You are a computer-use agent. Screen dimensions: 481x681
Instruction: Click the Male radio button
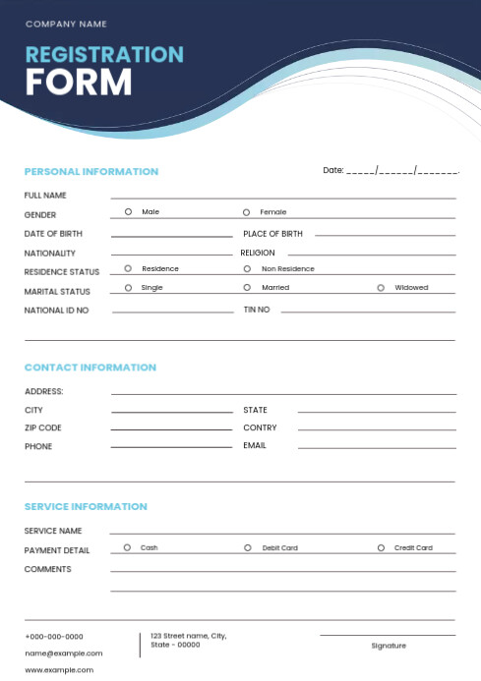pyautogui.click(x=128, y=211)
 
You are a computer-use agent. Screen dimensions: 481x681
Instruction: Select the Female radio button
pyautogui.click(x=246, y=211)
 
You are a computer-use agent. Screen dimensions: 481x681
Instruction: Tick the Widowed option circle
pyautogui.click(x=381, y=288)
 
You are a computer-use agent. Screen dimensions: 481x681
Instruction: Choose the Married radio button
pyautogui.click(x=247, y=288)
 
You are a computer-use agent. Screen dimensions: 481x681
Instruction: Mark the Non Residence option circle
pyautogui.click(x=247, y=268)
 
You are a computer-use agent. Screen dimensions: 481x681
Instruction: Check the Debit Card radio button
pyautogui.click(x=247, y=547)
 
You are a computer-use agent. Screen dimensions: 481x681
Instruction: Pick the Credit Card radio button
pyautogui.click(x=381, y=547)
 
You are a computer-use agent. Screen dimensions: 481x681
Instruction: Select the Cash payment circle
pyautogui.click(x=127, y=547)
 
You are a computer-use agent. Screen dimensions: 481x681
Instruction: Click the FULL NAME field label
pyautogui.click(x=45, y=196)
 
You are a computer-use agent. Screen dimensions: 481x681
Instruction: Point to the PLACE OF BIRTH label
pyautogui.click(x=272, y=234)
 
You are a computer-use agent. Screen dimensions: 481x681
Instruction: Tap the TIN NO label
pyautogui.click(x=257, y=310)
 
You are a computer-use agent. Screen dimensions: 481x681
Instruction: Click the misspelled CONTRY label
pyautogui.click(x=260, y=428)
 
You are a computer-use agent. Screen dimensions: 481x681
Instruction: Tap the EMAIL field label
pyautogui.click(x=255, y=446)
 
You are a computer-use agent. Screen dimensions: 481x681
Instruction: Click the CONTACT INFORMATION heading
pyautogui.click(x=90, y=368)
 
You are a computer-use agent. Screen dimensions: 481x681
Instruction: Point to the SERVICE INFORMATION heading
pyautogui.click(x=86, y=507)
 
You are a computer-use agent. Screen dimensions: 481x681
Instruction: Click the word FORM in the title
pyautogui.click(x=79, y=82)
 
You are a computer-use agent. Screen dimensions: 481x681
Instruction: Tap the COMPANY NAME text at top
pyautogui.click(x=66, y=24)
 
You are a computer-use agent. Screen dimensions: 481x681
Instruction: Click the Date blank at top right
pyautogui.click(x=402, y=171)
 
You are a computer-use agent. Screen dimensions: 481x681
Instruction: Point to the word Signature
pyautogui.click(x=388, y=646)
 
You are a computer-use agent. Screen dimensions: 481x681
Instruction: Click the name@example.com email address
pyautogui.click(x=63, y=653)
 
